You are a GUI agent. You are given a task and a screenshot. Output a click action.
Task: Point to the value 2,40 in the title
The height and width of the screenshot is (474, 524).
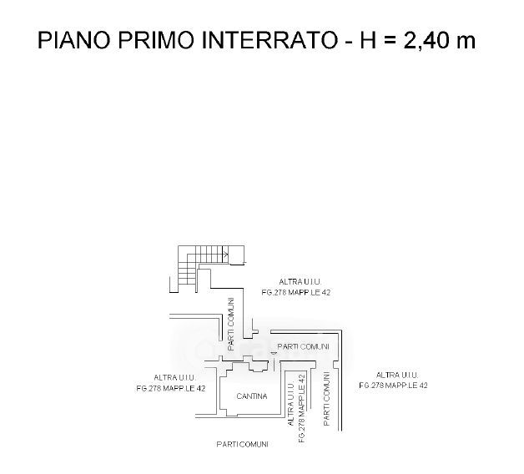[426, 42]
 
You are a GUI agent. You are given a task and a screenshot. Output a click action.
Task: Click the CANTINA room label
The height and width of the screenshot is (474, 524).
[251, 396]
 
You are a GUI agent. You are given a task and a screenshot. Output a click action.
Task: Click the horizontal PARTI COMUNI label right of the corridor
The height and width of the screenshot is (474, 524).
[303, 346]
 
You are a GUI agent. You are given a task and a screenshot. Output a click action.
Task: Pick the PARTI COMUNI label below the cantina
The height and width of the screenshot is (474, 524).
[241, 444]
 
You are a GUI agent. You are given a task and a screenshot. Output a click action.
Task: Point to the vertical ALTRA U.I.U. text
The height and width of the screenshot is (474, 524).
[290, 401]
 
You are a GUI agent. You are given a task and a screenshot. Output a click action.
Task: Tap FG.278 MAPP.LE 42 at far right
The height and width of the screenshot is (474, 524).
[394, 386]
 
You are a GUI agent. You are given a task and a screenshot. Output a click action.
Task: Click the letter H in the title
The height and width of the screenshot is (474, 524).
[369, 42]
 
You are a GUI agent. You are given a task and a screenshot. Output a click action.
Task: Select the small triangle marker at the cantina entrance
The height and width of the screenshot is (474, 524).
[273, 353]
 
